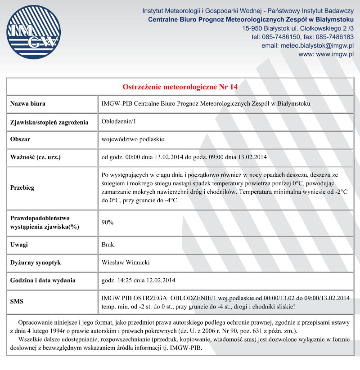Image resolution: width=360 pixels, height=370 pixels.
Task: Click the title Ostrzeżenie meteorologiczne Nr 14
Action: click(180, 86)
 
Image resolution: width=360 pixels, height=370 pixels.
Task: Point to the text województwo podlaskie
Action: click(133, 139)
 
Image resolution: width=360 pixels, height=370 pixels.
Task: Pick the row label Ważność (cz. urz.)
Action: click(35, 157)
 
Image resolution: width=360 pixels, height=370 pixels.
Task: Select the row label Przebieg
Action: click(22, 187)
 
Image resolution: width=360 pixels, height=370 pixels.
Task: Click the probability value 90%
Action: click(108, 222)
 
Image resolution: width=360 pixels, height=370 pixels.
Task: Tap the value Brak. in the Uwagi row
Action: click(108, 245)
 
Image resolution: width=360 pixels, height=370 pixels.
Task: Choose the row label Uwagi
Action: click(19, 245)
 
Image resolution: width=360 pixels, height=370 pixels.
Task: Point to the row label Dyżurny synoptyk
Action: click(35, 262)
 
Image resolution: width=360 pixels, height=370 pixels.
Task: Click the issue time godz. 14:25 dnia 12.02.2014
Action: click(138, 280)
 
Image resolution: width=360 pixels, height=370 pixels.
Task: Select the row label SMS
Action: click(17, 302)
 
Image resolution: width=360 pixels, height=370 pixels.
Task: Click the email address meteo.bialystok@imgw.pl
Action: click(317, 45)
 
